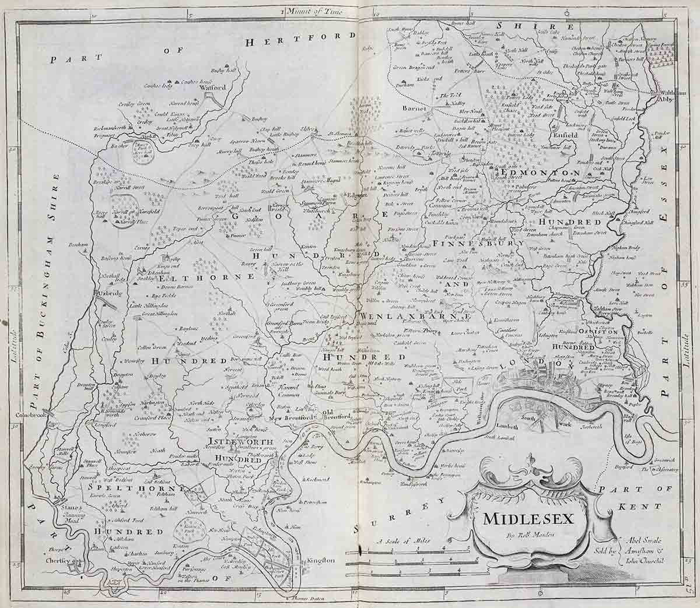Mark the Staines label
click(x=69, y=508)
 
